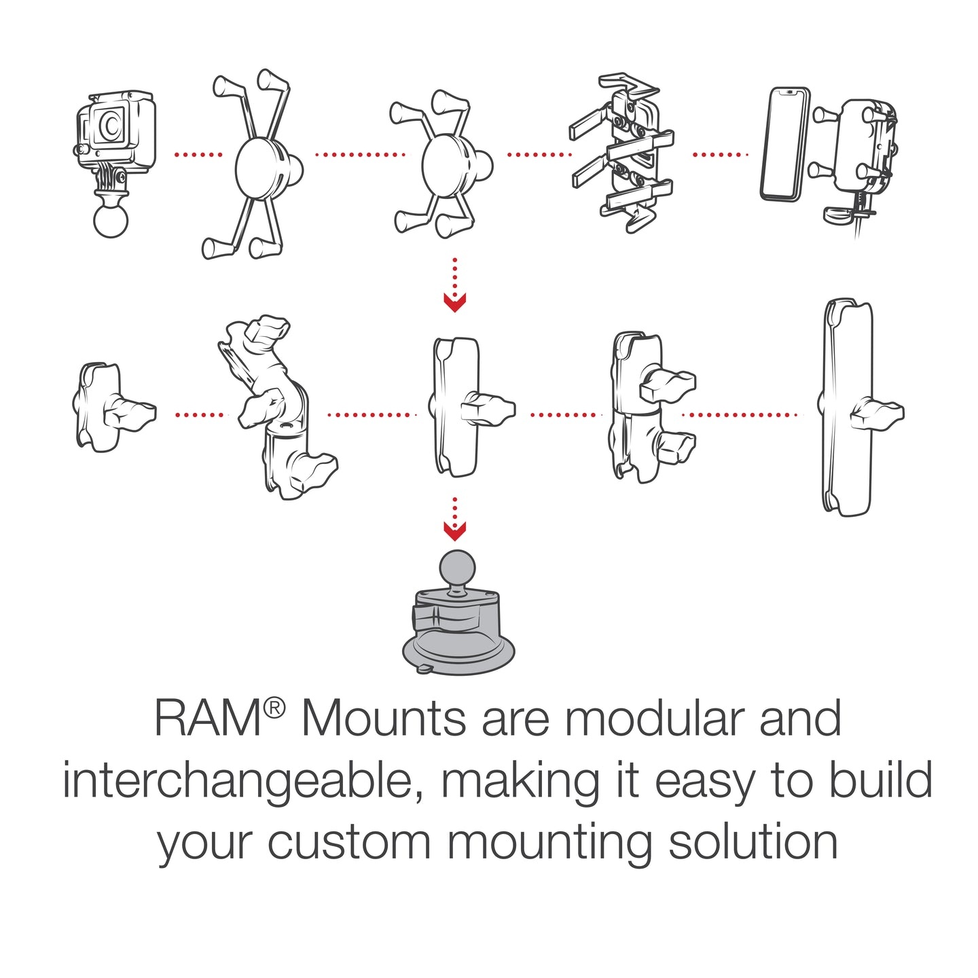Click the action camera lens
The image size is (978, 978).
point(109,125)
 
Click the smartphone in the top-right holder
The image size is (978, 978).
point(784,144)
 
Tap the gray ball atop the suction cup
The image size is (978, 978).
point(458,568)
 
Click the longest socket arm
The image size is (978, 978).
point(846,407)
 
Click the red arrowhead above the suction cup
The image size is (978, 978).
point(454,530)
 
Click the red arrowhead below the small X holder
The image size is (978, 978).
point(454,302)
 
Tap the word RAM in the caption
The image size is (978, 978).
point(208,719)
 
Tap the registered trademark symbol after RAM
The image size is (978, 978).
point(274,708)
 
